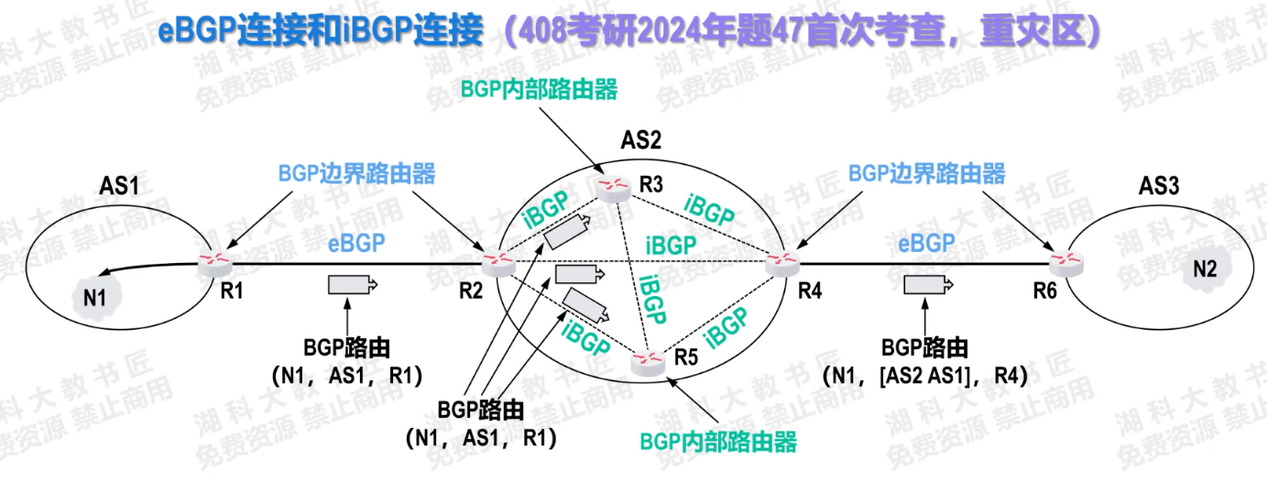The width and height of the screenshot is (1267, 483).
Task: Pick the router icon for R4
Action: tap(781, 264)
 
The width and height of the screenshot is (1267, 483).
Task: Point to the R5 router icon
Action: tap(648, 364)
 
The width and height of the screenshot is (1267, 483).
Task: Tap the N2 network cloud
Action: tap(1205, 269)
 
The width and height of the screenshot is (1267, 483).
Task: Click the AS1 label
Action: tap(119, 186)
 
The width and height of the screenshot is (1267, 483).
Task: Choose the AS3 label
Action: tap(1158, 186)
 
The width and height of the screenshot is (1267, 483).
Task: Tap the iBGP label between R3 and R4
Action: tap(709, 210)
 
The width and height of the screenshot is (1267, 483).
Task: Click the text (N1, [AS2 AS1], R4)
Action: tap(925, 376)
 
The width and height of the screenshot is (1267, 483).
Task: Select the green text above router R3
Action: tap(540, 90)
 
